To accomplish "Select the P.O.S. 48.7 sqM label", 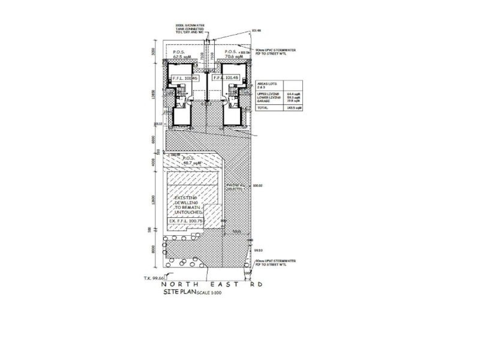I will [191, 161].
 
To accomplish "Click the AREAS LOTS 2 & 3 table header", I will [267, 87].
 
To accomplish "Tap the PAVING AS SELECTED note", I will [235, 187].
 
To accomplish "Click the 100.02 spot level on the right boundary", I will [259, 186].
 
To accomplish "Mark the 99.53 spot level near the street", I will [259, 250].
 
